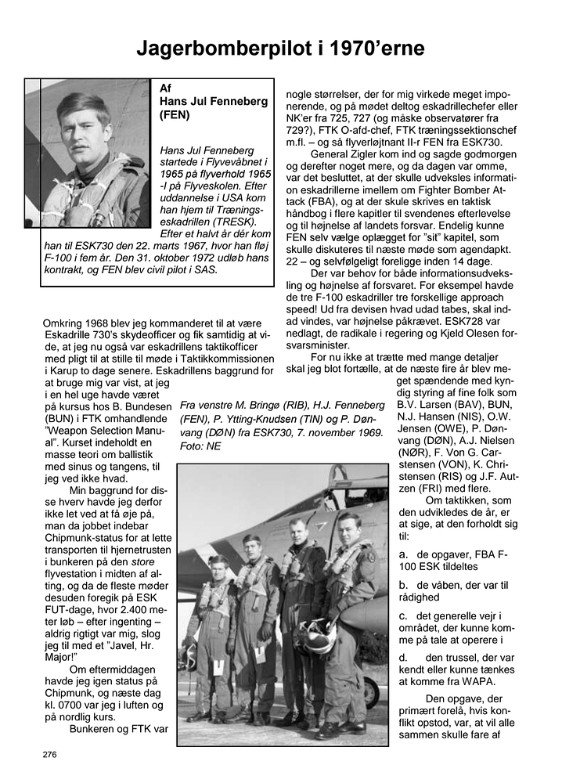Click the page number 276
(50, 755)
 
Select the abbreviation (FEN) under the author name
(175, 115)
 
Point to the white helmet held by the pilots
(318, 635)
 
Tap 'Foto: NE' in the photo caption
(201, 446)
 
